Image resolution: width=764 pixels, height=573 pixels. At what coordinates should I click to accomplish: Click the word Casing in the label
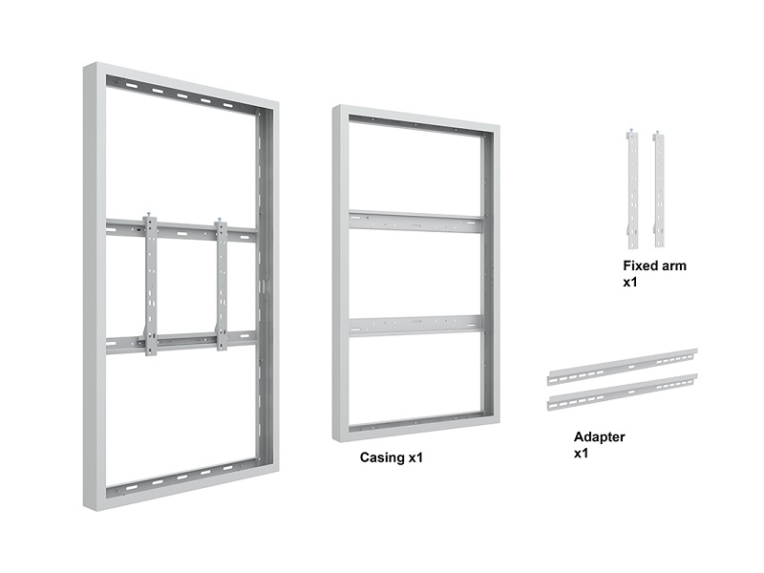pyautogui.click(x=383, y=458)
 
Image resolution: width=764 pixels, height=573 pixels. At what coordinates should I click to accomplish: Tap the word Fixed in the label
pyautogui.click(x=638, y=265)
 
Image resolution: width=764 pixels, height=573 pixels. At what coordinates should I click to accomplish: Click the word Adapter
pyautogui.click(x=600, y=437)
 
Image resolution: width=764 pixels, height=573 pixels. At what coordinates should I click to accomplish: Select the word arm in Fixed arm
pyautogui.click(x=671, y=266)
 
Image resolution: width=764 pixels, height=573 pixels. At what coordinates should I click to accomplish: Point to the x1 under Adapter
pyautogui.click(x=581, y=454)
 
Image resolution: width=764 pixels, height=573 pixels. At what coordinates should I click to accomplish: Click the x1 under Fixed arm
pyautogui.click(x=630, y=283)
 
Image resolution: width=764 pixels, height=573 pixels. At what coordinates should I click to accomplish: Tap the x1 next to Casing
pyautogui.click(x=415, y=458)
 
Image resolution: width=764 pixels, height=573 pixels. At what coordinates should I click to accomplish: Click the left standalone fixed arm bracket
pyautogui.click(x=632, y=189)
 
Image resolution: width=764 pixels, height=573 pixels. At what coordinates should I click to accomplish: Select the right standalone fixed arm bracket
pyautogui.click(x=658, y=189)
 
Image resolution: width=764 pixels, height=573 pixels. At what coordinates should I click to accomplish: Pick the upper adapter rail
pyautogui.click(x=623, y=367)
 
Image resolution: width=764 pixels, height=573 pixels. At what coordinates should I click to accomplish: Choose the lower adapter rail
pyautogui.click(x=623, y=392)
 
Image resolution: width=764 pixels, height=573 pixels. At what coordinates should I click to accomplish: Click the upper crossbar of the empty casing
pyautogui.click(x=415, y=222)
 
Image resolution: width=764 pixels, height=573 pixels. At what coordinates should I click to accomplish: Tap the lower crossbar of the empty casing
pyautogui.click(x=415, y=326)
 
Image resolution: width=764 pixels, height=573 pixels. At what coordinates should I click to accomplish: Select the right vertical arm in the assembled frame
pyautogui.click(x=222, y=284)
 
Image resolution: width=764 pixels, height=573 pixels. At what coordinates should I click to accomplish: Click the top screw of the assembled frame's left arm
pyautogui.click(x=150, y=215)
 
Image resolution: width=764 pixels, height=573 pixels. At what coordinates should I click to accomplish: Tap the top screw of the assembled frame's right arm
pyautogui.click(x=220, y=220)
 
